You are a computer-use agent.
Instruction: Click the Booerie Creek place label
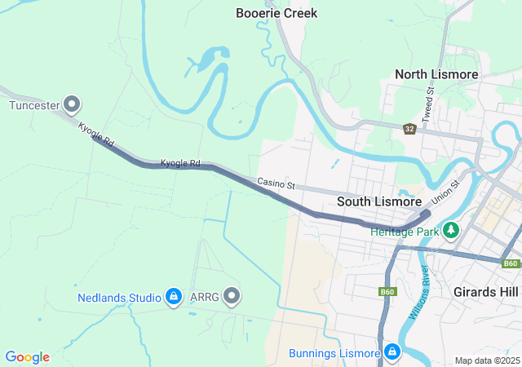pos(276,13)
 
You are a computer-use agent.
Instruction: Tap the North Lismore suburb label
pos(436,74)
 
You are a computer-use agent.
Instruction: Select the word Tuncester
pos(33,104)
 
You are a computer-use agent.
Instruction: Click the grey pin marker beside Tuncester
pos(73,104)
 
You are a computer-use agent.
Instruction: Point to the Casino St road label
pos(276,184)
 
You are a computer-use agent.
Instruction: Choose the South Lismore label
pos(379,201)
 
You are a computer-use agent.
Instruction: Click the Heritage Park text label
pos(404,232)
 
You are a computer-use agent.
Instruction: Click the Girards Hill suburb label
pos(487,291)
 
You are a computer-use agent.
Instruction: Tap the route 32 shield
pos(409,129)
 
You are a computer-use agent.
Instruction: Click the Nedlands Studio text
pos(119,298)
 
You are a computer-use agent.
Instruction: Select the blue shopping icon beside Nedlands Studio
pos(173,297)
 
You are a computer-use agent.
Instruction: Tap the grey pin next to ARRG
pos(232,296)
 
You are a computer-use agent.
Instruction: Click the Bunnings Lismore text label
pos(334,353)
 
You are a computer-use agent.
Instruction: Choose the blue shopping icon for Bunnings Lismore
pos(392,352)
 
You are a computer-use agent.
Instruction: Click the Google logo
pos(27,357)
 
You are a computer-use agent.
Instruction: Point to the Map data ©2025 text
pos(486,360)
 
